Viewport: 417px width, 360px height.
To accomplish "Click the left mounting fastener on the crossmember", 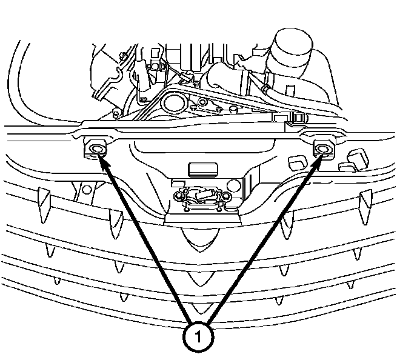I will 95,148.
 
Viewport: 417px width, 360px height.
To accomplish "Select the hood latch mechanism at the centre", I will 201,195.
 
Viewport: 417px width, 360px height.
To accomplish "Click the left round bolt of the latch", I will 179,195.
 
